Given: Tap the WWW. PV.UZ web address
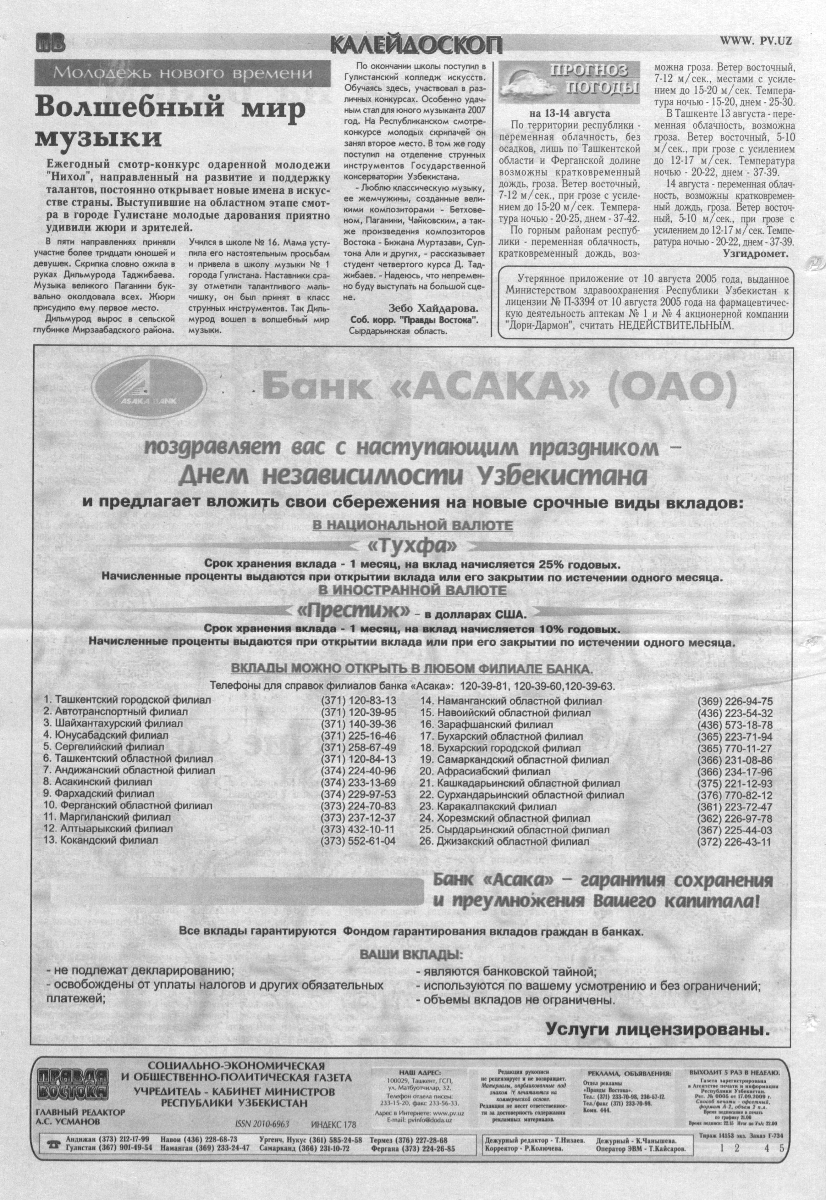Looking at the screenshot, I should point(756,42).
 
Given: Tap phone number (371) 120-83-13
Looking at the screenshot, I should point(358,700).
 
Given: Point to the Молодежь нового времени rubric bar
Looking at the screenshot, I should point(182,73).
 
